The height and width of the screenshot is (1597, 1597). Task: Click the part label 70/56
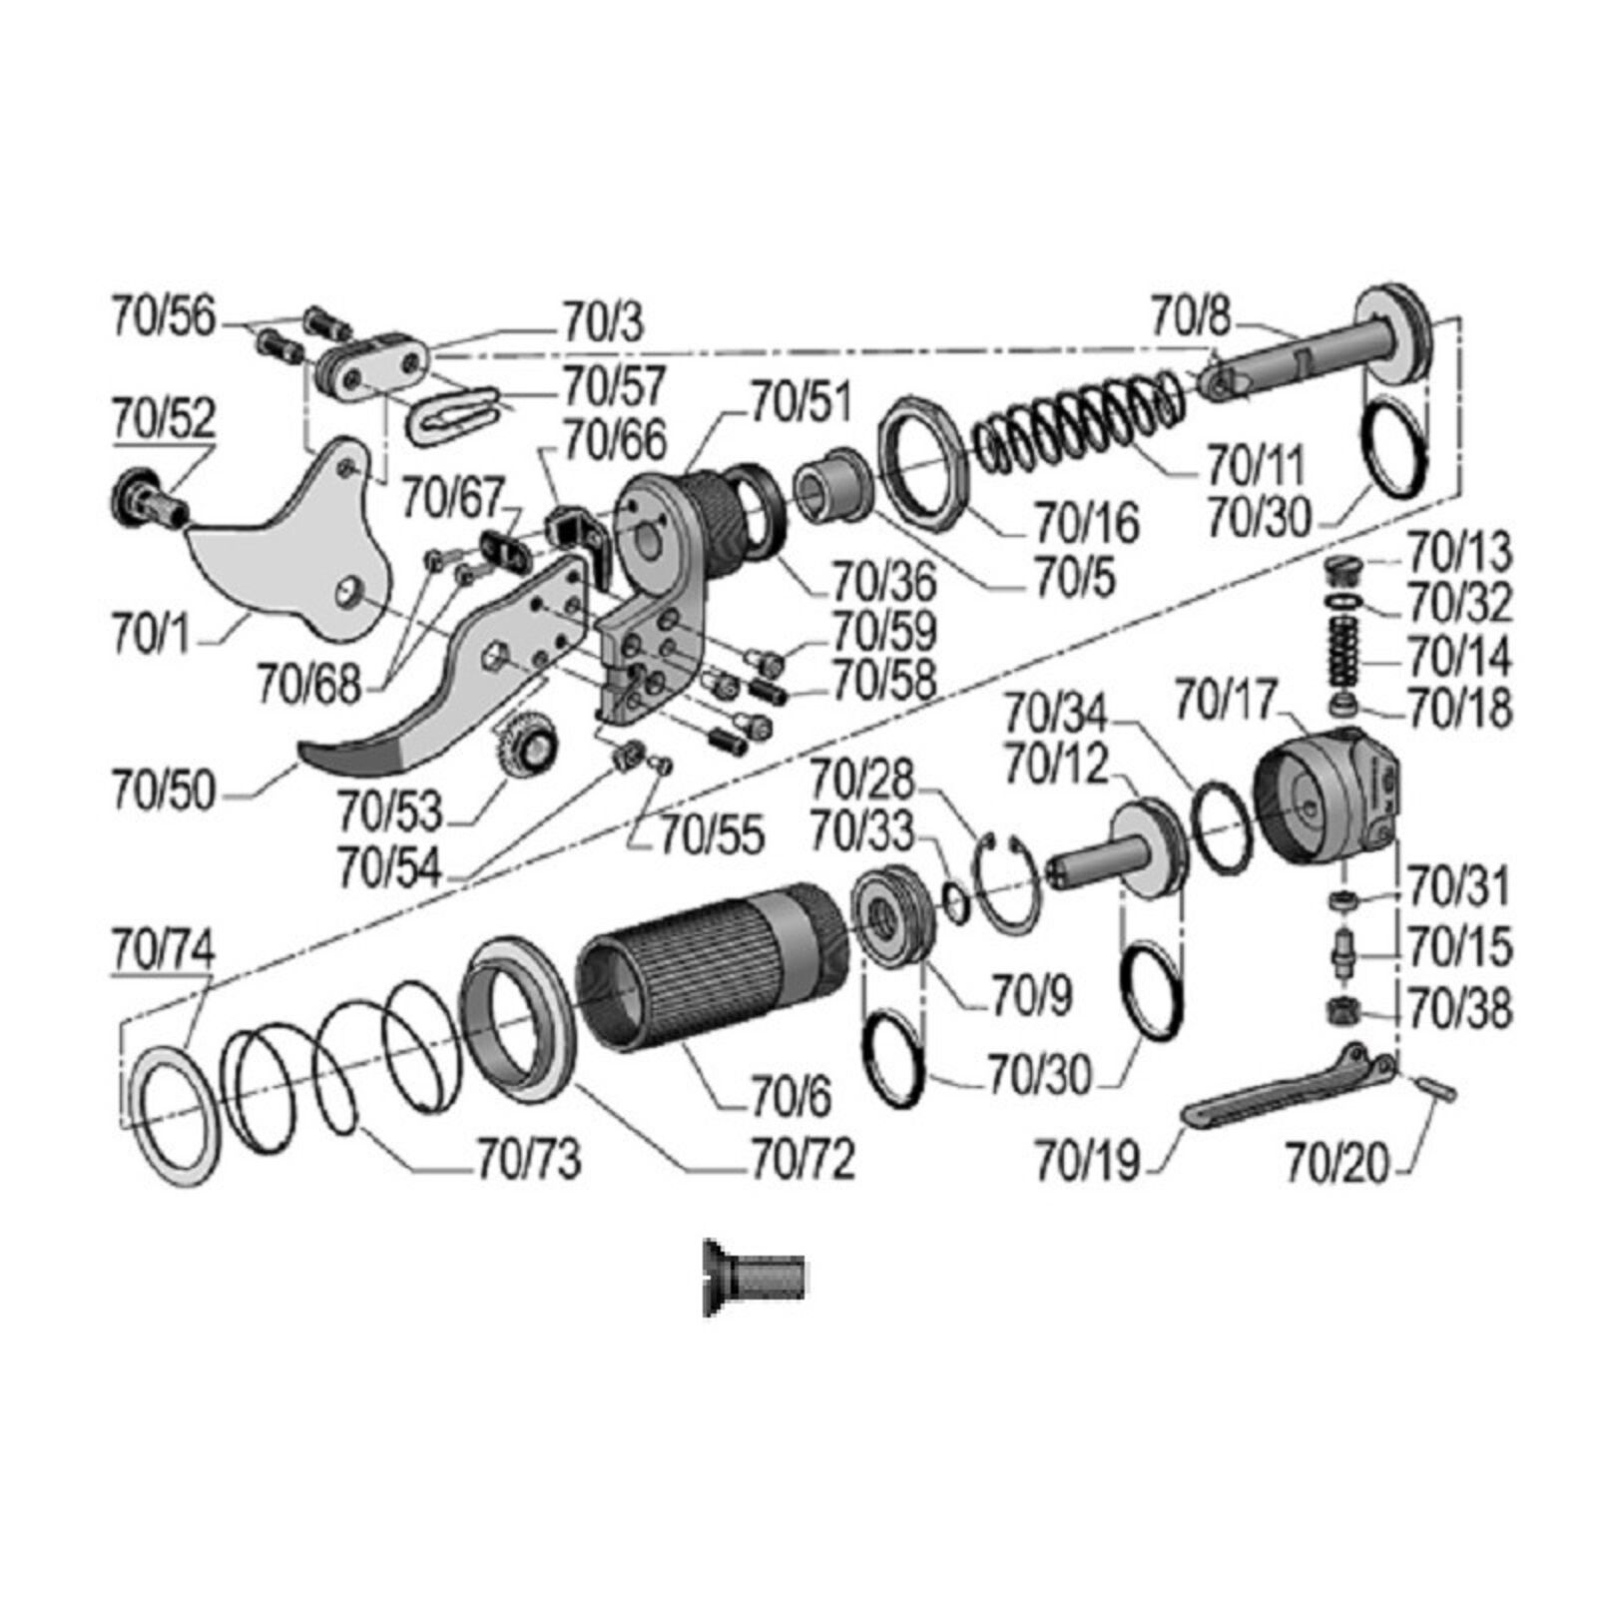163,316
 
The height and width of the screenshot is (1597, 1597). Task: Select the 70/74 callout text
163,949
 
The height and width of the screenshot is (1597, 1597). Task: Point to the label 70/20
1336,1163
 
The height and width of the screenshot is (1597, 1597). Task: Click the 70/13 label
1459,552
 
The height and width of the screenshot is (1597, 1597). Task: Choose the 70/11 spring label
1256,465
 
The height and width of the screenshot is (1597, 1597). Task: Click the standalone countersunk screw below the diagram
755,1277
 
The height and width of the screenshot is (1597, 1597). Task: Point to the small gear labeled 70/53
525,744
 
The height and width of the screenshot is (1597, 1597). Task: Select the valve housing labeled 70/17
1328,794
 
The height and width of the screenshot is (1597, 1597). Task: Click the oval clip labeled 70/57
453,411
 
